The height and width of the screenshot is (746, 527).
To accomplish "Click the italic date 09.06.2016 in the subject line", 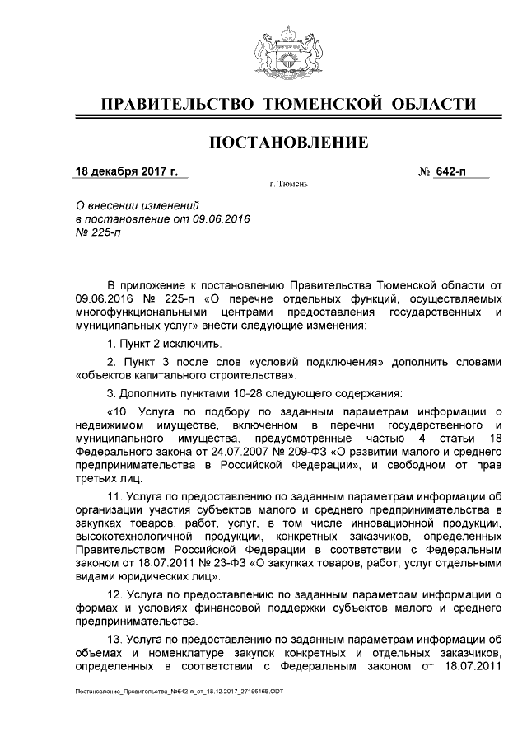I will pyautogui.click(x=222, y=218).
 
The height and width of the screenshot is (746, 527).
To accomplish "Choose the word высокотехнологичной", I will pyautogui.click(x=134, y=537).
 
